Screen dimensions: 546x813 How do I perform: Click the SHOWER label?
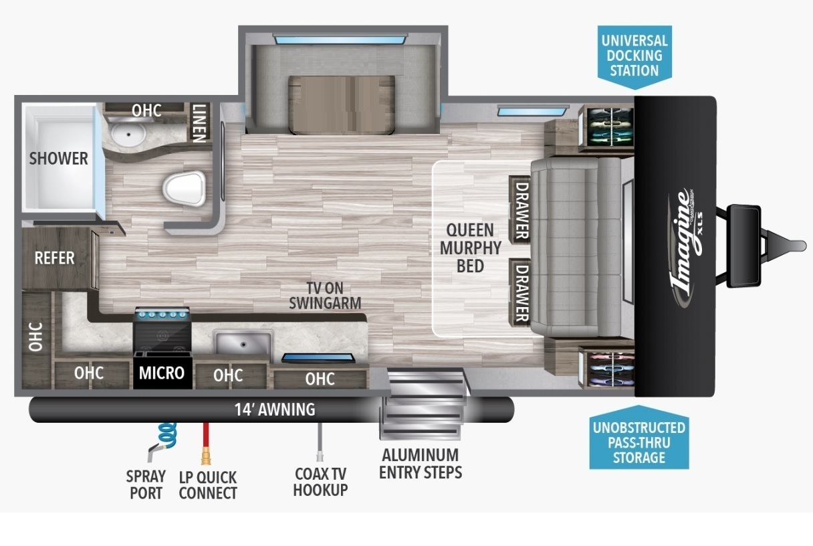click(59, 159)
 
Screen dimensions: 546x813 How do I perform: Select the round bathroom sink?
click(127, 136)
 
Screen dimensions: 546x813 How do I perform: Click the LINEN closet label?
click(199, 122)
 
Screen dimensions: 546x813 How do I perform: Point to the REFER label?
click(54, 258)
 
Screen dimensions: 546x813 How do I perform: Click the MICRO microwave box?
click(162, 372)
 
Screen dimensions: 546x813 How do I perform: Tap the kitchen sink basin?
click(242, 343)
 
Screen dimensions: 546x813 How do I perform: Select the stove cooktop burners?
click(162, 313)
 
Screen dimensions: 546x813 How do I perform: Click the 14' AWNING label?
click(274, 409)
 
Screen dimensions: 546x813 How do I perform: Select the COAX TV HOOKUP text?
click(321, 481)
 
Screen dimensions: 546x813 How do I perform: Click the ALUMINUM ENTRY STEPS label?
click(420, 463)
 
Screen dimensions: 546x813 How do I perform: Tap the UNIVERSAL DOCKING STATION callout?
click(634, 55)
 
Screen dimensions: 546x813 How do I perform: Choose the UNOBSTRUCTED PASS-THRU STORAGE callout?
click(638, 442)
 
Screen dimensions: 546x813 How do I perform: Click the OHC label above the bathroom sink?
click(146, 110)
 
